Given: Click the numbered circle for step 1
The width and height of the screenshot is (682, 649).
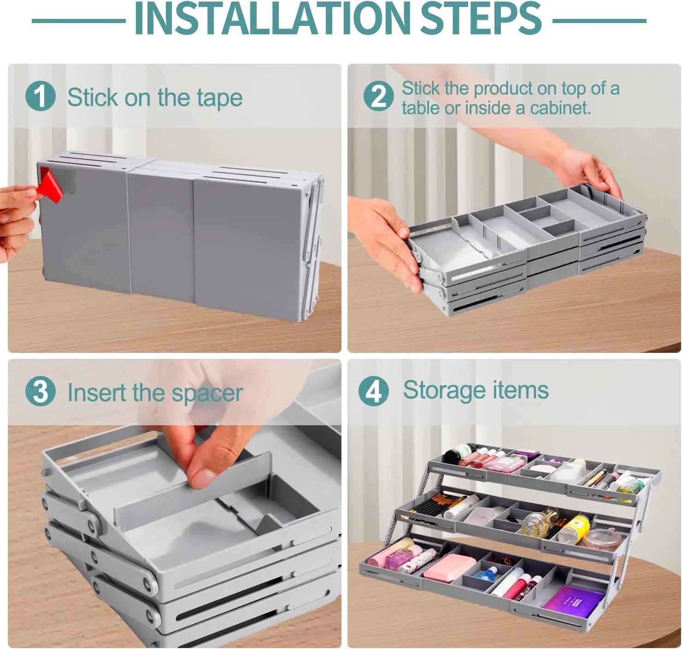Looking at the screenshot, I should pyautogui.click(x=41, y=96).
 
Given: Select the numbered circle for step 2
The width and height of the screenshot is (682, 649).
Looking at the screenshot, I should pyautogui.click(x=378, y=96).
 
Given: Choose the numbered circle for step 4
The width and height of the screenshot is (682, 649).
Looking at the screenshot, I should pyautogui.click(x=374, y=391).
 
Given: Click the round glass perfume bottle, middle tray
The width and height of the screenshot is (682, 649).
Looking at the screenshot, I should pyautogui.click(x=535, y=521).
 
